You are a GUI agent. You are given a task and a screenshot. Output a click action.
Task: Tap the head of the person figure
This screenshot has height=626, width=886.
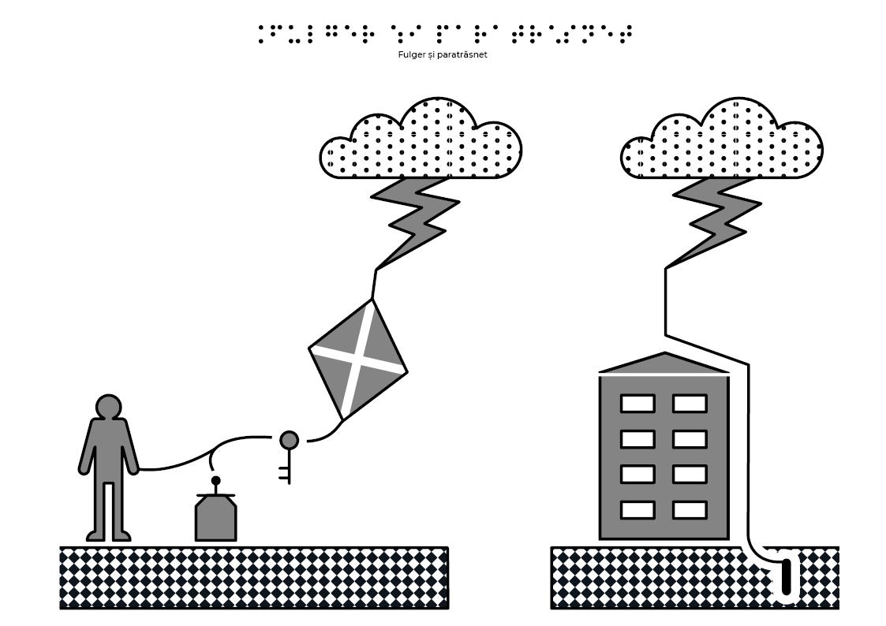coord(109,407)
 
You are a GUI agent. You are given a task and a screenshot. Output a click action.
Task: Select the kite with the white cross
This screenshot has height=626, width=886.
coord(357,360)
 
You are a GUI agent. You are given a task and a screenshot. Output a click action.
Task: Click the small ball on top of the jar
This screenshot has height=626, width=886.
coord(215,481)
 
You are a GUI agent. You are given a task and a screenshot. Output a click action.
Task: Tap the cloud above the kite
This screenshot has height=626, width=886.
coord(421,140)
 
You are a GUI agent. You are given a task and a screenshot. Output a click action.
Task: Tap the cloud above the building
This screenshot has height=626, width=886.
coord(722,140)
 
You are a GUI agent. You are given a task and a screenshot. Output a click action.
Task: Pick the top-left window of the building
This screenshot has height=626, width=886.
coord(637,404)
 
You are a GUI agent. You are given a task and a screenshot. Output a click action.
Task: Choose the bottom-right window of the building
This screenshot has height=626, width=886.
coord(690,510)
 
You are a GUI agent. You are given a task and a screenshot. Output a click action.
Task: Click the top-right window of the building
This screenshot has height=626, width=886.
coord(690,404)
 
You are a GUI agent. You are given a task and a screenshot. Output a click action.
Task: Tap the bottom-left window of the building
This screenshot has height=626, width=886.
coord(637,510)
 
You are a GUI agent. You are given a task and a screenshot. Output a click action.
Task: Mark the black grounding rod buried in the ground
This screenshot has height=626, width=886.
coord(786,576)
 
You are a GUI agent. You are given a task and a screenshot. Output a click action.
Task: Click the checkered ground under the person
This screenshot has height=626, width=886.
coord(254,578)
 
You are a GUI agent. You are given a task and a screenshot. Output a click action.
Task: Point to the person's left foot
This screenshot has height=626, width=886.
coord(122,535)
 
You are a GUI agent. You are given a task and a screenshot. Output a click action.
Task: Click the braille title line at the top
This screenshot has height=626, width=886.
coord(445,34)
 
